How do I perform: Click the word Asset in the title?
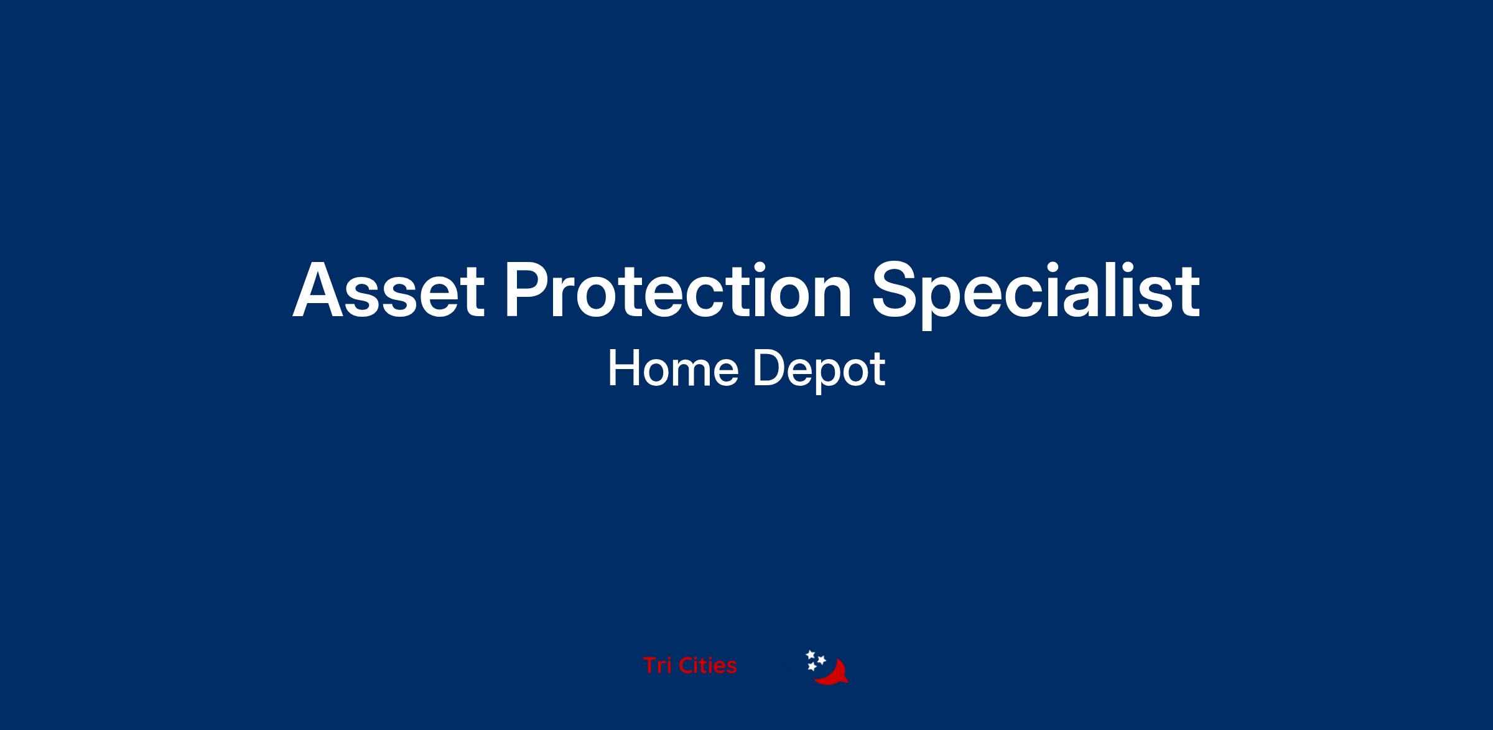pyautogui.click(x=388, y=291)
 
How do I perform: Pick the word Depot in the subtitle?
pyautogui.click(x=819, y=372)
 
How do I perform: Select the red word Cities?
pyautogui.click(x=707, y=665)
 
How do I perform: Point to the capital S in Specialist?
pyautogui.click(x=896, y=291)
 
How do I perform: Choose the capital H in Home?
pyautogui.click(x=623, y=368)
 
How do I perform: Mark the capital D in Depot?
pyautogui.click(x=769, y=368)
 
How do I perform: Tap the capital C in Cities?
pyautogui.click(x=686, y=665)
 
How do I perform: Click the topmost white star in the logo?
pyautogui.click(x=811, y=655)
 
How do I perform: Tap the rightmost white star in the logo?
pyautogui.click(x=821, y=660)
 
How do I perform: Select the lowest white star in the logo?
pyautogui.click(x=812, y=667)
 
